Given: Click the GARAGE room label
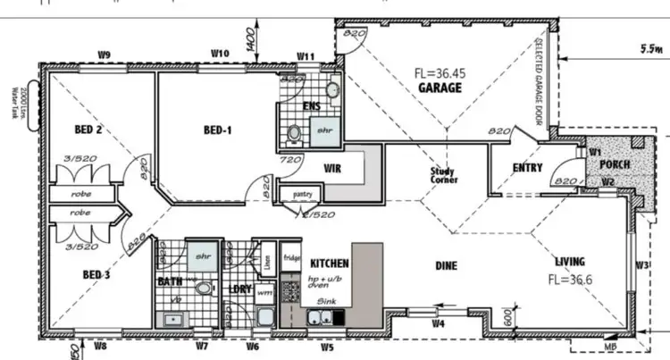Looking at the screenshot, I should click(440, 88).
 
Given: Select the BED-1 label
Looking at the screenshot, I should click(218, 130).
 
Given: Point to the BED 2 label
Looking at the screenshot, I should click(88, 130).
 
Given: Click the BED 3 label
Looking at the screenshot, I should click(96, 274).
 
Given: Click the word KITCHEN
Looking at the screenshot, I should click(328, 264).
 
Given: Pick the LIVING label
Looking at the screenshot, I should click(569, 262).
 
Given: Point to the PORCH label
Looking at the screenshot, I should click(615, 165).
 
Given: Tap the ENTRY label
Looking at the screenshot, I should click(528, 167).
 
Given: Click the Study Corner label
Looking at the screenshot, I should click(444, 175).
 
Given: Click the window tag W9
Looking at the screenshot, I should click(104, 55).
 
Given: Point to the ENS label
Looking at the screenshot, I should click(312, 106).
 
